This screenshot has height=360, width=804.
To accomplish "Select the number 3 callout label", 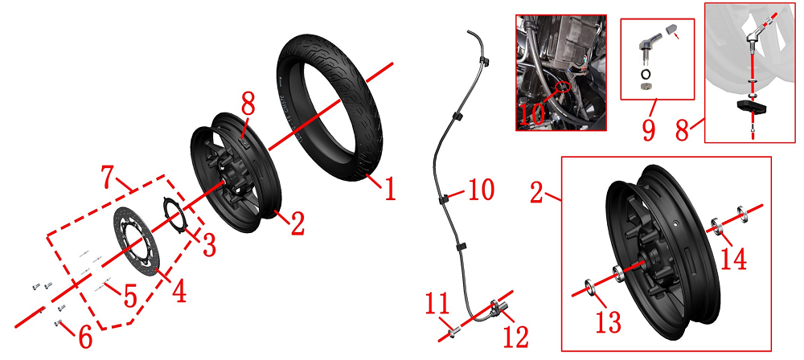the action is (209, 245).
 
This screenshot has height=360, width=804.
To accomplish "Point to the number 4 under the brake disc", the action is (178, 290).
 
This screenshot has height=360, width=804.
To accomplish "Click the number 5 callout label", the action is (130, 297).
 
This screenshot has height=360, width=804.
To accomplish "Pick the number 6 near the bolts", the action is (85, 337).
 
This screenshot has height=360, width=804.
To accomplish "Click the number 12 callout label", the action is (515, 337).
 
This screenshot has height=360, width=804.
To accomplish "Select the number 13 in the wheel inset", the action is (609, 322).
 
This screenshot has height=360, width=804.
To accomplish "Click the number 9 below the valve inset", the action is (649, 129).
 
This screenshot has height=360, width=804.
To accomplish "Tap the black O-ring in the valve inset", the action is (646, 74).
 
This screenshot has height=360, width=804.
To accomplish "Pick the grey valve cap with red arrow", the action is (671, 31).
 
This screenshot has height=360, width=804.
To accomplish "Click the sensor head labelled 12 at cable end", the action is (498, 309).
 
